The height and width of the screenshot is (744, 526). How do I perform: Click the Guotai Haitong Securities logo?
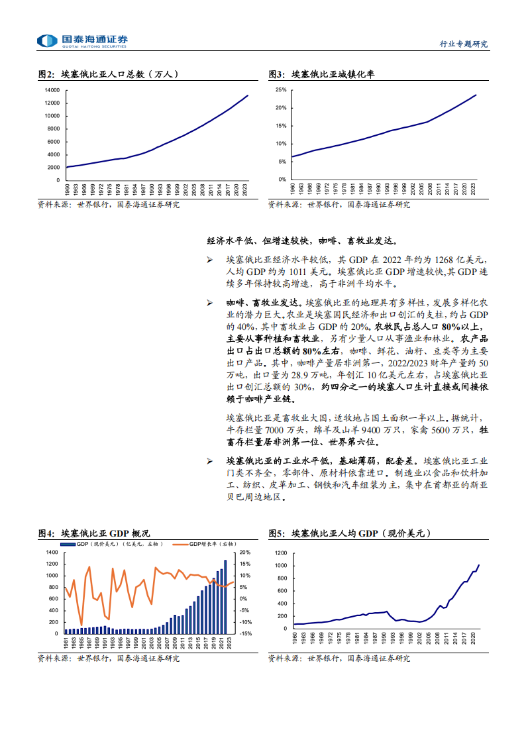pos(83,41)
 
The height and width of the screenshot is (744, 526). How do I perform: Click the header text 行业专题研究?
pos(464,44)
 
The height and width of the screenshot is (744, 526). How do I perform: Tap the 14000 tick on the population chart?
pos(52,90)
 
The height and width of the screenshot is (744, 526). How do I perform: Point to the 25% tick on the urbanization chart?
pos(281,90)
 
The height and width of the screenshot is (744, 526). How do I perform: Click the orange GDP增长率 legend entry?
pos(203,544)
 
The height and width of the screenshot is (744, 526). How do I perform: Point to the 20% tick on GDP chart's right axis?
pos(244,553)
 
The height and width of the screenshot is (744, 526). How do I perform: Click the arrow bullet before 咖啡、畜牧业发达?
pos(209,303)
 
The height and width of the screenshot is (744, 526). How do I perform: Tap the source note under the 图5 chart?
pos(339,659)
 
